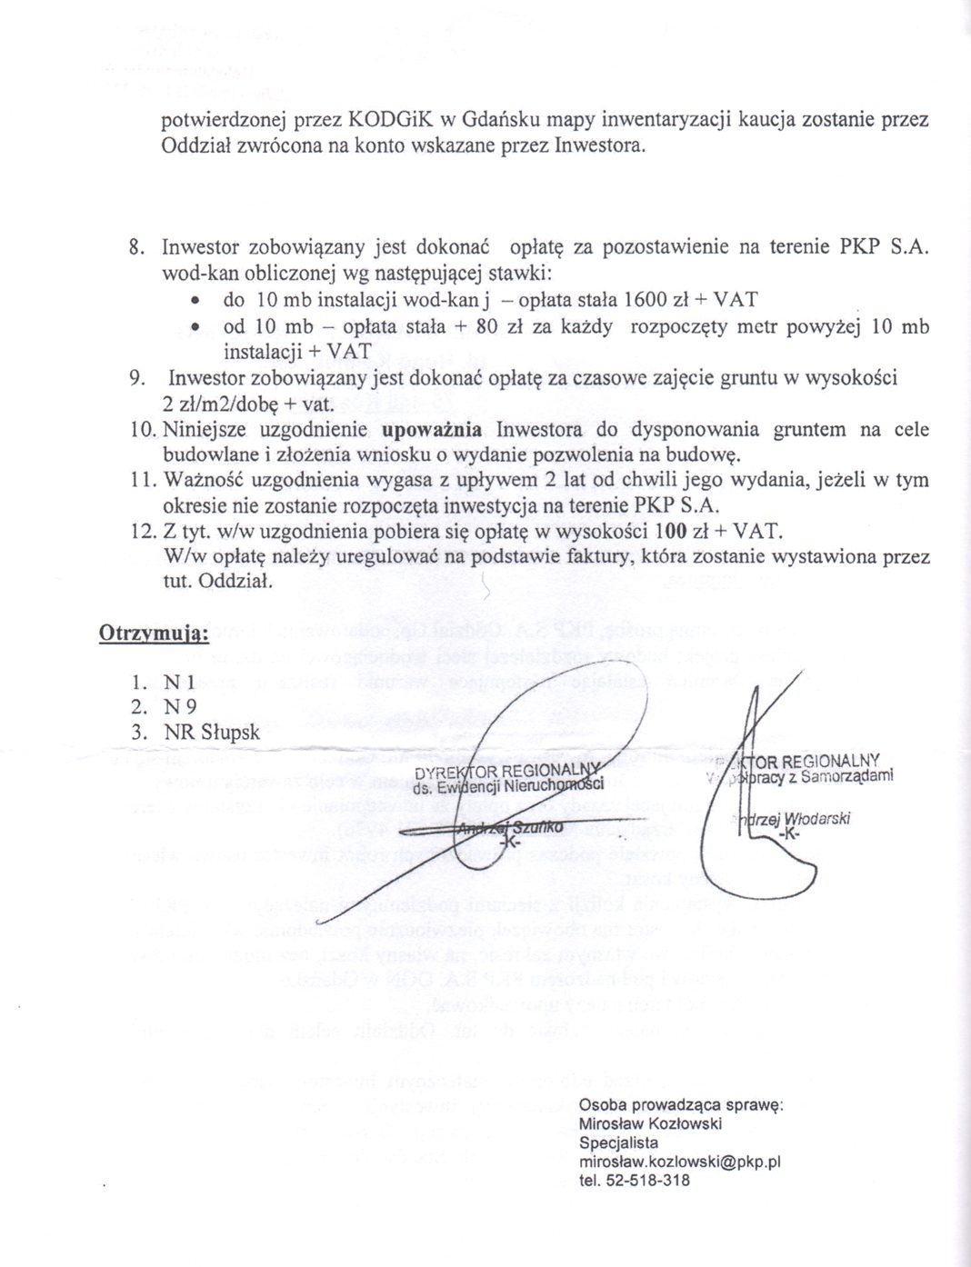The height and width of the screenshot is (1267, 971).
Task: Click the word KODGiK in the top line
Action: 391,120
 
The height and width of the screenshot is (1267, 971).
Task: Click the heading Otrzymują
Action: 154,633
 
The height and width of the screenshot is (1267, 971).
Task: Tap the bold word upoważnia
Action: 432,429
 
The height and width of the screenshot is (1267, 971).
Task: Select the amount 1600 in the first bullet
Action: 646,300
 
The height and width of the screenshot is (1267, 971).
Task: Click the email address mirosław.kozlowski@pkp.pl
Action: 679,1162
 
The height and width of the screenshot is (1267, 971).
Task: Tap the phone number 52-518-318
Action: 645,1181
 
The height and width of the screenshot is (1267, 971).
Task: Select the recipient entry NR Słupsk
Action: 211,733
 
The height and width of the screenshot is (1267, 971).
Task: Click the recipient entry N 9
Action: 180,707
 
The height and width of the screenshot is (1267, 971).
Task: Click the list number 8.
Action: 137,247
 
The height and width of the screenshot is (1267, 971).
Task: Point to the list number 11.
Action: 143,480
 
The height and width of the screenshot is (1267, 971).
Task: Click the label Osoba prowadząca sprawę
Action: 681,1105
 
